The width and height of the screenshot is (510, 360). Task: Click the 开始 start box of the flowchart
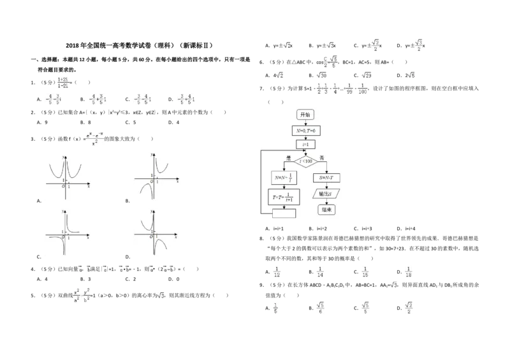pyautogui.click(x=305, y=115)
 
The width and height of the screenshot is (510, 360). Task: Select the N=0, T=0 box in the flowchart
pyautogui.click(x=305, y=130)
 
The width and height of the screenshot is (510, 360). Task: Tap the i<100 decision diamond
pyautogui.click(x=305, y=161)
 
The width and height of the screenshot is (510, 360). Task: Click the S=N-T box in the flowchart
pyautogui.click(x=327, y=176)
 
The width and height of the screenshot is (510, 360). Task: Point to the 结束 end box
pyautogui.click(x=326, y=209)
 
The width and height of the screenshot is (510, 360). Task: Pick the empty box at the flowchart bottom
pyautogui.click(x=284, y=213)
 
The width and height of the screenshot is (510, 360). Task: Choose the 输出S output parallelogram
pyautogui.click(x=326, y=193)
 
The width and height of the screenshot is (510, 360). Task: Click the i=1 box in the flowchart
pyautogui.click(x=305, y=145)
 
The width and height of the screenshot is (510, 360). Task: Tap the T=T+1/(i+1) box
pyautogui.click(x=284, y=196)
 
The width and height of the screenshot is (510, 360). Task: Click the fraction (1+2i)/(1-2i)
pyautogui.click(x=63, y=82)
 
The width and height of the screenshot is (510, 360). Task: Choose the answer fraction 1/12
pyautogui.click(x=277, y=273)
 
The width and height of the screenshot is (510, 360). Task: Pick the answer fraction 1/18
pyautogui.click(x=409, y=273)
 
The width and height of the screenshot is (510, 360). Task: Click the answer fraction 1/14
pyautogui.click(x=321, y=273)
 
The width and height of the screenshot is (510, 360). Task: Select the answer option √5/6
pyautogui.click(x=321, y=308)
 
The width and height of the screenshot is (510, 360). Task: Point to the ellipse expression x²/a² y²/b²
pyautogui.click(x=82, y=296)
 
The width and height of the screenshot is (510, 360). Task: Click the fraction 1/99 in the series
pyautogui.click(x=349, y=90)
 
